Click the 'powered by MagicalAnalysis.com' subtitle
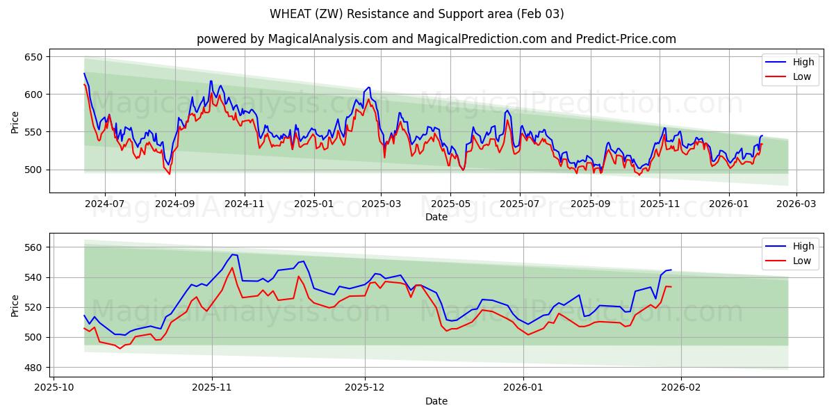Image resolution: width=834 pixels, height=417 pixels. click(x=436, y=39)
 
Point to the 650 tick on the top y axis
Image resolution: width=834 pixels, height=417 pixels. click(x=34, y=57)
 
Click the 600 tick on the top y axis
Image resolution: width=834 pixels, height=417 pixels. click(x=34, y=95)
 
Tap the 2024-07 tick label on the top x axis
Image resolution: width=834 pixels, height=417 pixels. click(x=105, y=204)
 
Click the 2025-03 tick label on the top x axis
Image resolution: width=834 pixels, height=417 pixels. click(x=381, y=204)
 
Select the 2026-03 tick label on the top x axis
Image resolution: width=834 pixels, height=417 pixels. click(x=796, y=204)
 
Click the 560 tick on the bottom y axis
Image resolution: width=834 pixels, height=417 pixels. click(x=34, y=247)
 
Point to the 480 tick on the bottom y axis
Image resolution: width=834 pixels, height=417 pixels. click(x=34, y=368)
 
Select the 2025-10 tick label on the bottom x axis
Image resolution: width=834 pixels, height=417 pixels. click(x=54, y=388)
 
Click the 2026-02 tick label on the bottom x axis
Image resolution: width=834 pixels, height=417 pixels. click(x=681, y=388)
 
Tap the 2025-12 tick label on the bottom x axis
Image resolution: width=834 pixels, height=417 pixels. click(x=365, y=388)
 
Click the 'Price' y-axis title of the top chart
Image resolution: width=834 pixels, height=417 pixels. click(x=15, y=122)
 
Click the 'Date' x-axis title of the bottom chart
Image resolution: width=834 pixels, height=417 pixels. click(x=436, y=401)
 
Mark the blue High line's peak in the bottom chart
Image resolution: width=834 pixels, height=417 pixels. click(x=232, y=254)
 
